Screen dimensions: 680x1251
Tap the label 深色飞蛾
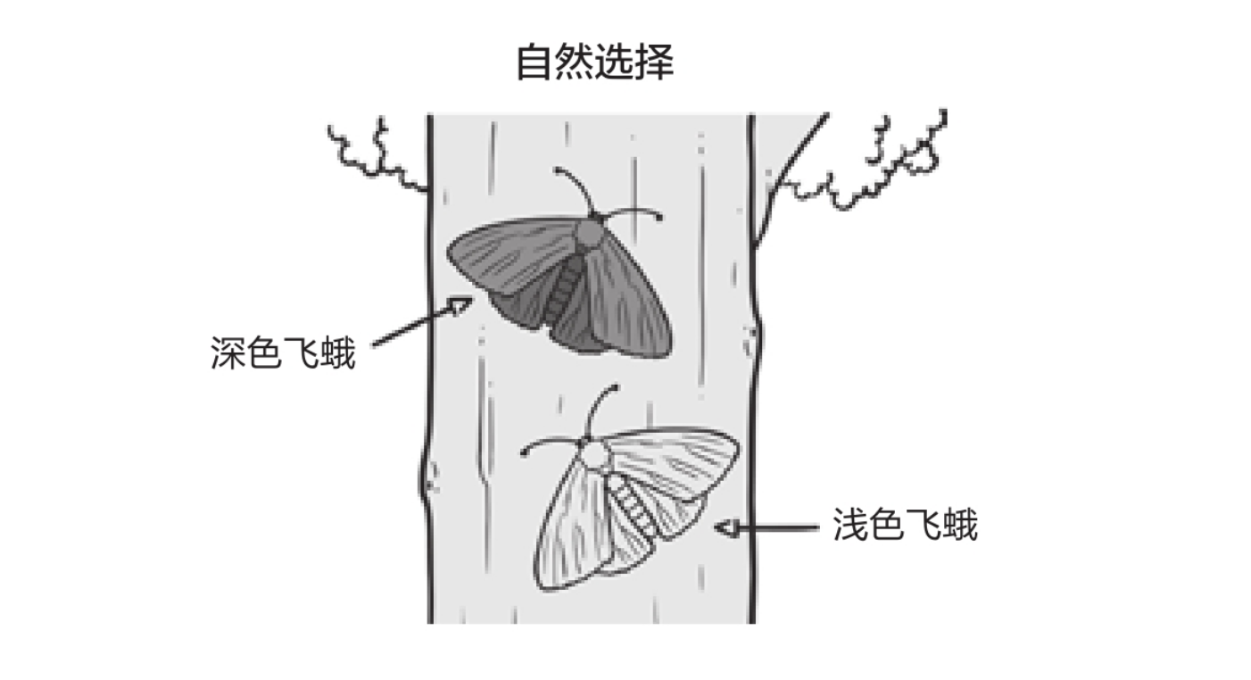tap(283, 353)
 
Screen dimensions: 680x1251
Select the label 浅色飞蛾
tap(905, 526)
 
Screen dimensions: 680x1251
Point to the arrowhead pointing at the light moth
tap(723, 527)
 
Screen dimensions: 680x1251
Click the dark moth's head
tap(589, 234)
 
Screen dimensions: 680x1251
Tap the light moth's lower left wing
tap(571, 535)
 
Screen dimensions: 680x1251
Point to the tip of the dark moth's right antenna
tap(660, 216)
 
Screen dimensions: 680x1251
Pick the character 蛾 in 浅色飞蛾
tap(959, 526)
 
